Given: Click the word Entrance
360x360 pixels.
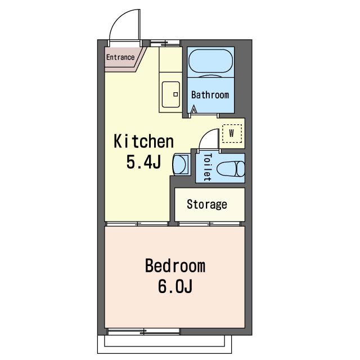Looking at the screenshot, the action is click(120, 57).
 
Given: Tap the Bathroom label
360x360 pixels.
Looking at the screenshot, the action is click(210, 94).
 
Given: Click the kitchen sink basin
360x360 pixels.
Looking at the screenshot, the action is click(171, 94).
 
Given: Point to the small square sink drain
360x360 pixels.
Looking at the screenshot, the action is click(175, 94).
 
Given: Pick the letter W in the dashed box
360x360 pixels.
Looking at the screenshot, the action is click(232, 133).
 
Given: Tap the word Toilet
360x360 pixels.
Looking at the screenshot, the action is click(208, 168).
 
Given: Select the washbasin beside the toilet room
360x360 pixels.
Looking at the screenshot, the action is click(181, 164).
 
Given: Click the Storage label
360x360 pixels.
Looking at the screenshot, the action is click(207, 204).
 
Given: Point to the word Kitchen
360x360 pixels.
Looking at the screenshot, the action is click(144, 141).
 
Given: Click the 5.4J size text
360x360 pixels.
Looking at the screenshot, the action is click(143, 162).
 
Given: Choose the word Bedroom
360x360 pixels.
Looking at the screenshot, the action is click(175, 266).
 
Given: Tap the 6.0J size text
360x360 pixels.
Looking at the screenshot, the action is click(175, 286).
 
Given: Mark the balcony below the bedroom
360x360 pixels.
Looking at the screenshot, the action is click(164, 344).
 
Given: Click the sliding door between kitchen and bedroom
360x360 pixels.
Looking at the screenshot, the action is click(137, 224).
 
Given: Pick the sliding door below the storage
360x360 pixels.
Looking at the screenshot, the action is click(209, 224).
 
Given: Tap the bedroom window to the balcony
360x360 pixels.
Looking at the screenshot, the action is click(144, 331).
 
